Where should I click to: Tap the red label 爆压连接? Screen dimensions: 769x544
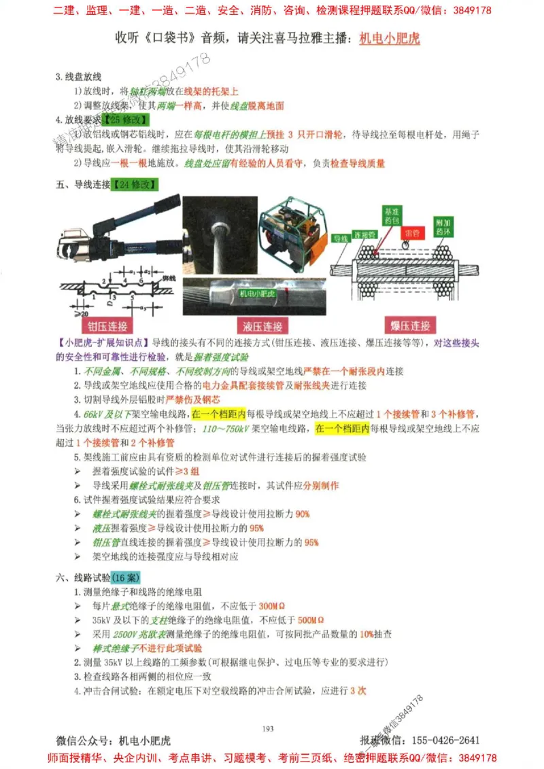410,326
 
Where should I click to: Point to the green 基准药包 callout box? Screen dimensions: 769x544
393,216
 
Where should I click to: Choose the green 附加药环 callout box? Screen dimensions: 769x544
444,226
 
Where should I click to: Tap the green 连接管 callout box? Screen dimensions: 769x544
365,234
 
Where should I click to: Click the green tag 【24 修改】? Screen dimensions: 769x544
136,183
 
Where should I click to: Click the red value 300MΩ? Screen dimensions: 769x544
272,606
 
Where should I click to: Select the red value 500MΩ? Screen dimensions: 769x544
311,620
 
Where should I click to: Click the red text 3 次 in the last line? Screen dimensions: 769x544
358,690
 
